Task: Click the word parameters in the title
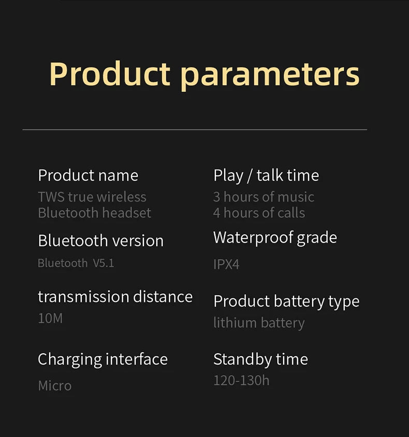pyautogui.click(x=270, y=75)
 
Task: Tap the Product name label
pyautogui.click(x=88, y=175)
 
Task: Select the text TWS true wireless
pyautogui.click(x=92, y=197)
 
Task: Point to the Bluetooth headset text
pyautogui.click(x=95, y=213)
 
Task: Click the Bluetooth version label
pyautogui.click(x=100, y=240)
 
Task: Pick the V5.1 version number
pyautogui.click(x=104, y=263)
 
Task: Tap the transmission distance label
pyautogui.click(x=115, y=297)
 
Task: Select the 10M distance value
pyautogui.click(x=50, y=318)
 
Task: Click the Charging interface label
pyautogui.click(x=103, y=359)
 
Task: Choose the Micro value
pyautogui.click(x=55, y=386)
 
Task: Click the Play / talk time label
pyautogui.click(x=266, y=175)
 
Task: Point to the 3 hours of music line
pyautogui.click(x=264, y=197)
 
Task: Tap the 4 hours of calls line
pyautogui.click(x=259, y=213)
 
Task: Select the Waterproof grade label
pyautogui.click(x=275, y=238)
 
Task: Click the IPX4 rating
pyautogui.click(x=226, y=265)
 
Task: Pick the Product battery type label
pyautogui.click(x=286, y=302)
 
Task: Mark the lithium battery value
pyautogui.click(x=259, y=323)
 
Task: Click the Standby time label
pyautogui.click(x=260, y=359)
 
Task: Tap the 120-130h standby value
pyautogui.click(x=241, y=381)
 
